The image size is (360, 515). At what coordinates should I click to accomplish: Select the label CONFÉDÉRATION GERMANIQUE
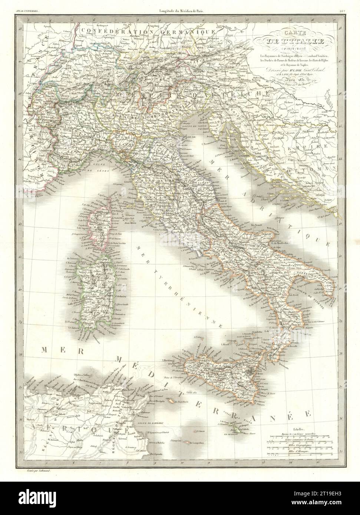click(148, 32)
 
